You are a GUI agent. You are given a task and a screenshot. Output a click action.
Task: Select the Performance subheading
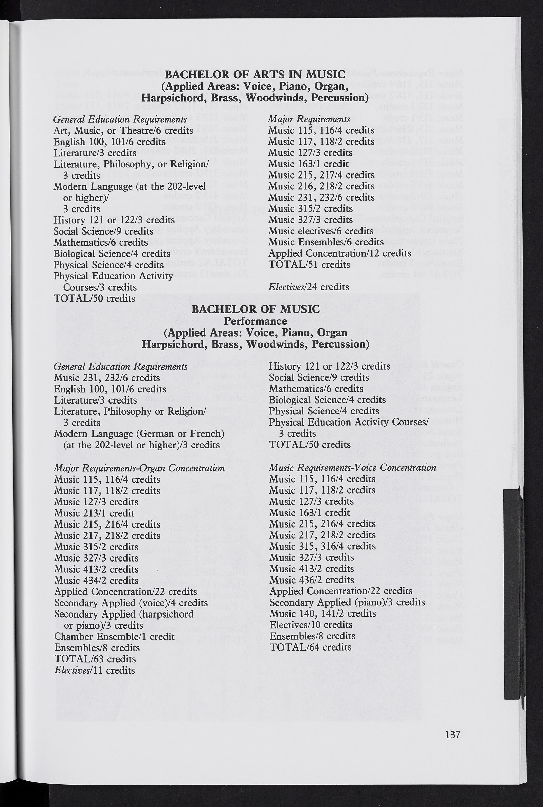[255, 321]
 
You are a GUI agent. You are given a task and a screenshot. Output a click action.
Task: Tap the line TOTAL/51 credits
[309, 265]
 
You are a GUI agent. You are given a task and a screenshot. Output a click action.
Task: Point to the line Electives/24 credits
[309, 287]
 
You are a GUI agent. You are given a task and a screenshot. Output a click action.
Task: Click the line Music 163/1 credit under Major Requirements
[308, 164]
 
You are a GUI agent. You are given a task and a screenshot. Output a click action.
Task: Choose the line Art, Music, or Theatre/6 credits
[123, 131]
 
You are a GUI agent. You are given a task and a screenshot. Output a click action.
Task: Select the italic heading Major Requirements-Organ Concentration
[139, 468]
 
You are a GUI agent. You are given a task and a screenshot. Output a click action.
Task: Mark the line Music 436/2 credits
[311, 580]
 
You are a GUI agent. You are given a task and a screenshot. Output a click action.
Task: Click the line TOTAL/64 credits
[310, 647]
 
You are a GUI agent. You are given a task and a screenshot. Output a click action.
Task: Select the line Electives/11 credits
[95, 670]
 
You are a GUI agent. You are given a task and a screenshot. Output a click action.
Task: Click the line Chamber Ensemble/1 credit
[114, 637]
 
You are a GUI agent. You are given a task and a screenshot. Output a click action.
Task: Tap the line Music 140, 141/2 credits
[322, 613]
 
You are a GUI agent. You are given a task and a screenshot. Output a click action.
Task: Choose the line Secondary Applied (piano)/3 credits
[347, 602]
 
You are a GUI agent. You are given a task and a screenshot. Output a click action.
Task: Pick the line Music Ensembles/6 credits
[326, 242]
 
